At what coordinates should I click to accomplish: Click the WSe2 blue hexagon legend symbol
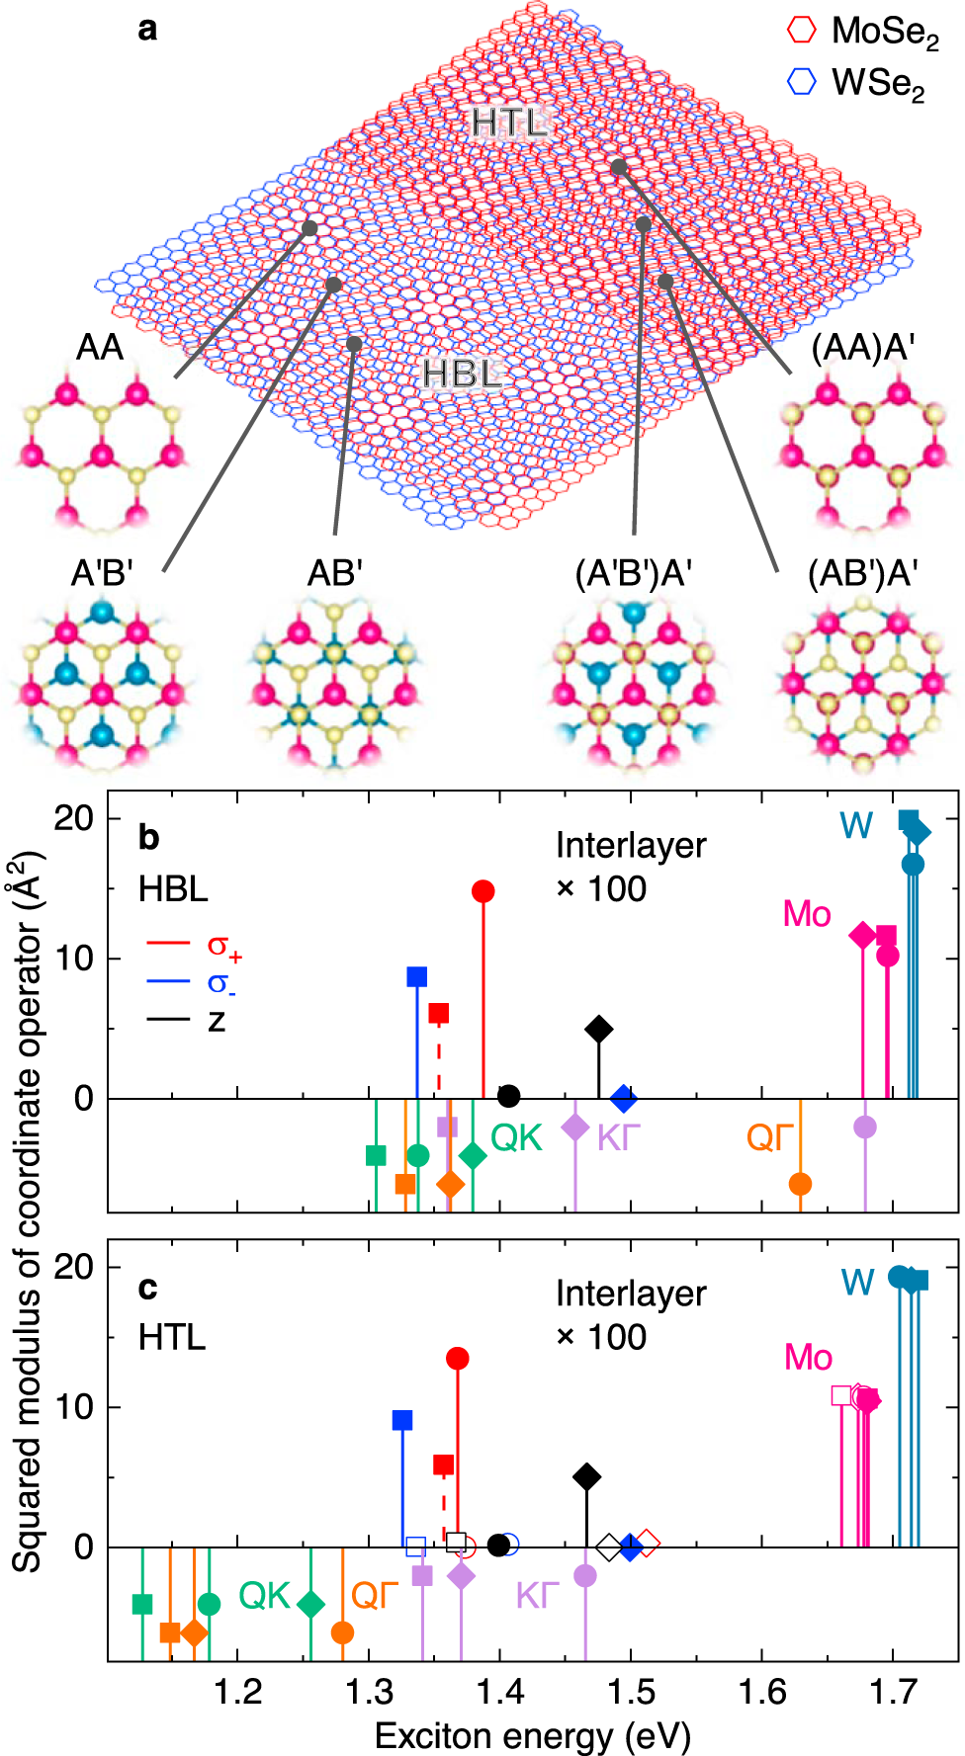pos(801,81)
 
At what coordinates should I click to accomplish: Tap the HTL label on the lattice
pos(509,123)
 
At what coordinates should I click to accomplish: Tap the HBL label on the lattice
pos(462,375)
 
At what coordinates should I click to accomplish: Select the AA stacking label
pos(100,348)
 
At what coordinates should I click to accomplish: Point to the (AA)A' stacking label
pos(862,348)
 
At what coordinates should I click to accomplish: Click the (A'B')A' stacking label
pos(633,573)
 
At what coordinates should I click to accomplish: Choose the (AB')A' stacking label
pos(862,573)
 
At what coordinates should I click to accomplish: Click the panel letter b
pos(148,837)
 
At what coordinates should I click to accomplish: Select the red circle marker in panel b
pos(483,891)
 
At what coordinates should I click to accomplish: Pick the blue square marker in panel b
pos(417,976)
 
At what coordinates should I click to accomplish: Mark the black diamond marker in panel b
pos(598,1029)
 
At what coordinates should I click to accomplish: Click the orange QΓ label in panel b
pos(770,1138)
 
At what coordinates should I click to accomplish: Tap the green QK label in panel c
pos(265,1595)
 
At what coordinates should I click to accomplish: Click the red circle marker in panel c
pos(458,1359)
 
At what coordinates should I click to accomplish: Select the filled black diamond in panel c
pos(587,1477)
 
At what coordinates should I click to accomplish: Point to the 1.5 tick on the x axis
pos(631,1692)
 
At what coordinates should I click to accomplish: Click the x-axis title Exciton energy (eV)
pos(532,1735)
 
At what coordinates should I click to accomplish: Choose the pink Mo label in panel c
pos(808,1357)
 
